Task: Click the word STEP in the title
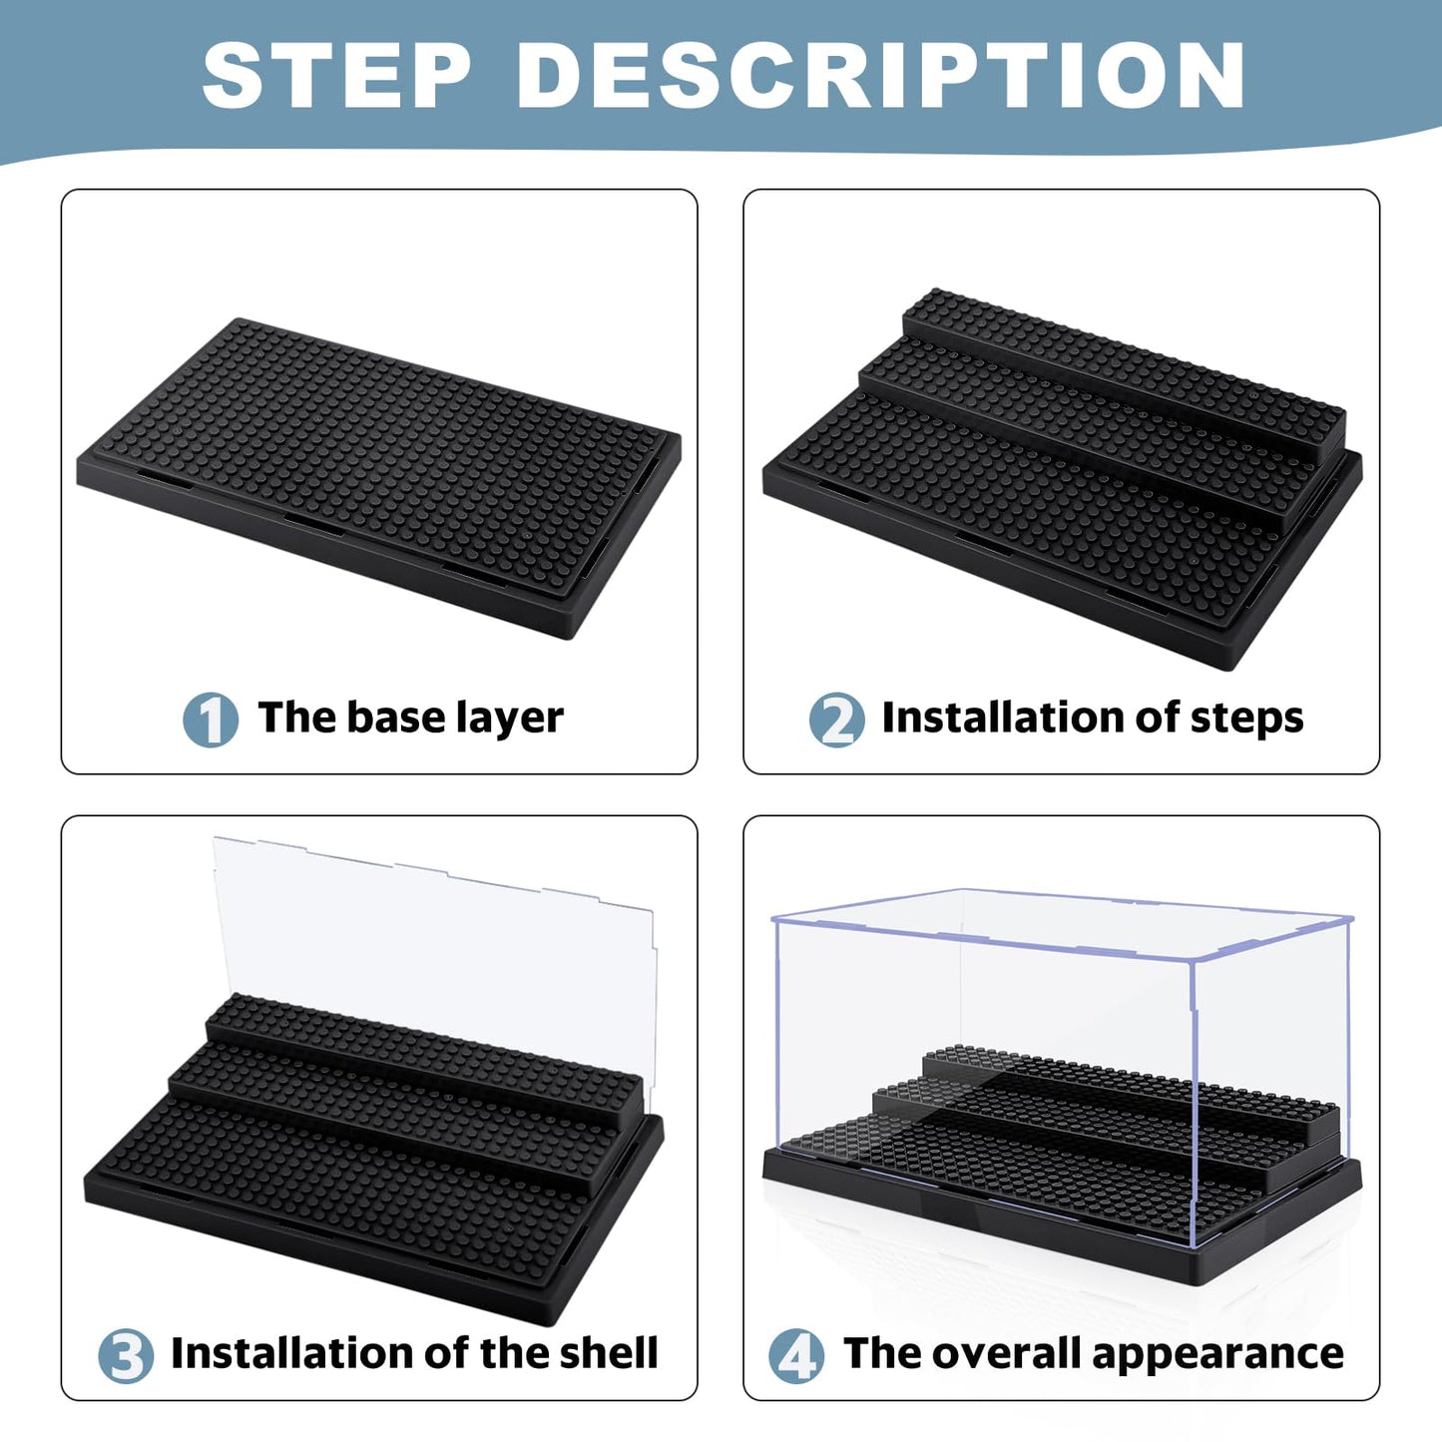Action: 336,76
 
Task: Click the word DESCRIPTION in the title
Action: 881,76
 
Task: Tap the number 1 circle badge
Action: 211,720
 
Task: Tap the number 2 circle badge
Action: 836,720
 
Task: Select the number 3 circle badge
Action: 126,1355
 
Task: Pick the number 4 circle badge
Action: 796,1355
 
